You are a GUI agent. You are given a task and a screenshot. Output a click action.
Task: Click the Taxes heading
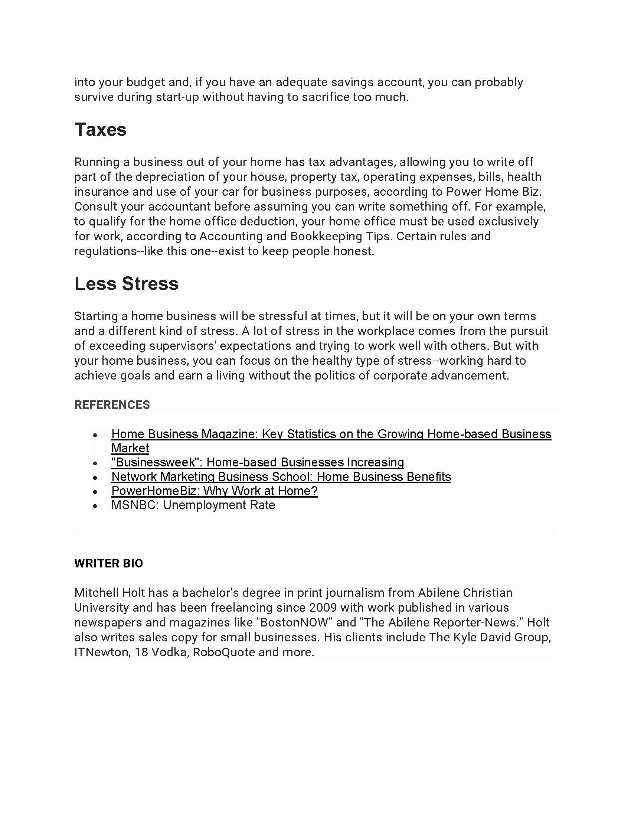pos(101,130)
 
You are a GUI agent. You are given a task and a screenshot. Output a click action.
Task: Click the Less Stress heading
pos(126,284)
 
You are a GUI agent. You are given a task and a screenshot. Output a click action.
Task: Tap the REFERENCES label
pos(112,405)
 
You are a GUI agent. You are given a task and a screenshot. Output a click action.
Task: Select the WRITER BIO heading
pos(108,563)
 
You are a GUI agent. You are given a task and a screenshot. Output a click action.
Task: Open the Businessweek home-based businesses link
pos(258,462)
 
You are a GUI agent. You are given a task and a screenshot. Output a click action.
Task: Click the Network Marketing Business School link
pos(281,476)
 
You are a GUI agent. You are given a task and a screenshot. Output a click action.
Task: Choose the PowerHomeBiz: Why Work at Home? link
pos(214,491)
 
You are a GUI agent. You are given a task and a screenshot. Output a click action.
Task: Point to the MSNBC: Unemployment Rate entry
pos(193,505)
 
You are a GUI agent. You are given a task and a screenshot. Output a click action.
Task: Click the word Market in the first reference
pos(130,448)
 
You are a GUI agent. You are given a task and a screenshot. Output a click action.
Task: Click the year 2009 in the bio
pos(323,608)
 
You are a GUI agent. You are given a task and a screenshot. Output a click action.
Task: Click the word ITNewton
pos(101,652)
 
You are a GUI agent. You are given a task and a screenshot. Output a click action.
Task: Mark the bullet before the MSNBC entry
pos(95,506)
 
